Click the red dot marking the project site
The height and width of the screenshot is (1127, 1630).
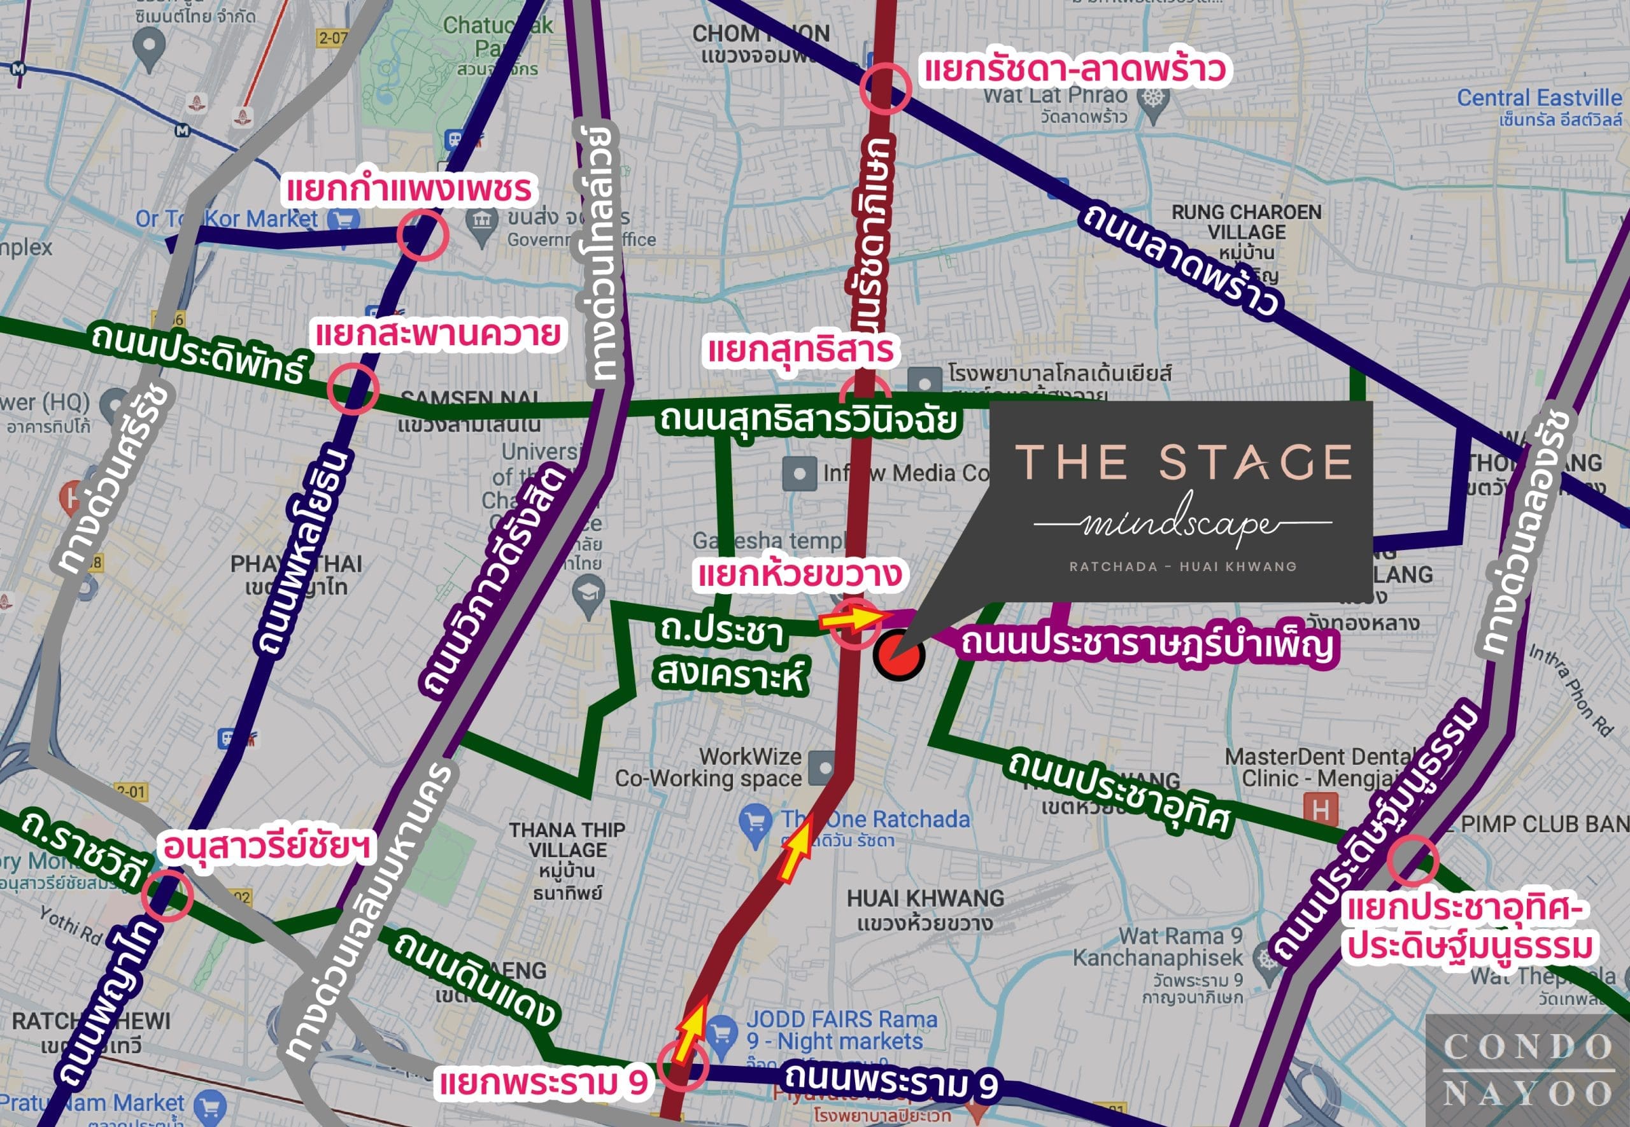(898, 655)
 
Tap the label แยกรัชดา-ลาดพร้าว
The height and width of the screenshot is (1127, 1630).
(1074, 70)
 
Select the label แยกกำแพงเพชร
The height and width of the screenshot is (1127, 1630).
(408, 189)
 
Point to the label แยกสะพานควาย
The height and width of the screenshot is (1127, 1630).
(437, 334)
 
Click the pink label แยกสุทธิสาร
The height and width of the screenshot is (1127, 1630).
(800, 350)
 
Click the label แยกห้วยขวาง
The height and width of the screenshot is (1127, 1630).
(799, 574)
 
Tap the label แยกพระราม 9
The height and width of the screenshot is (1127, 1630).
(543, 1082)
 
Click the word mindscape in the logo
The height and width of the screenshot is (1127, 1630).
(1181, 524)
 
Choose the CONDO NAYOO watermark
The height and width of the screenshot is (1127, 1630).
(1527, 1070)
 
